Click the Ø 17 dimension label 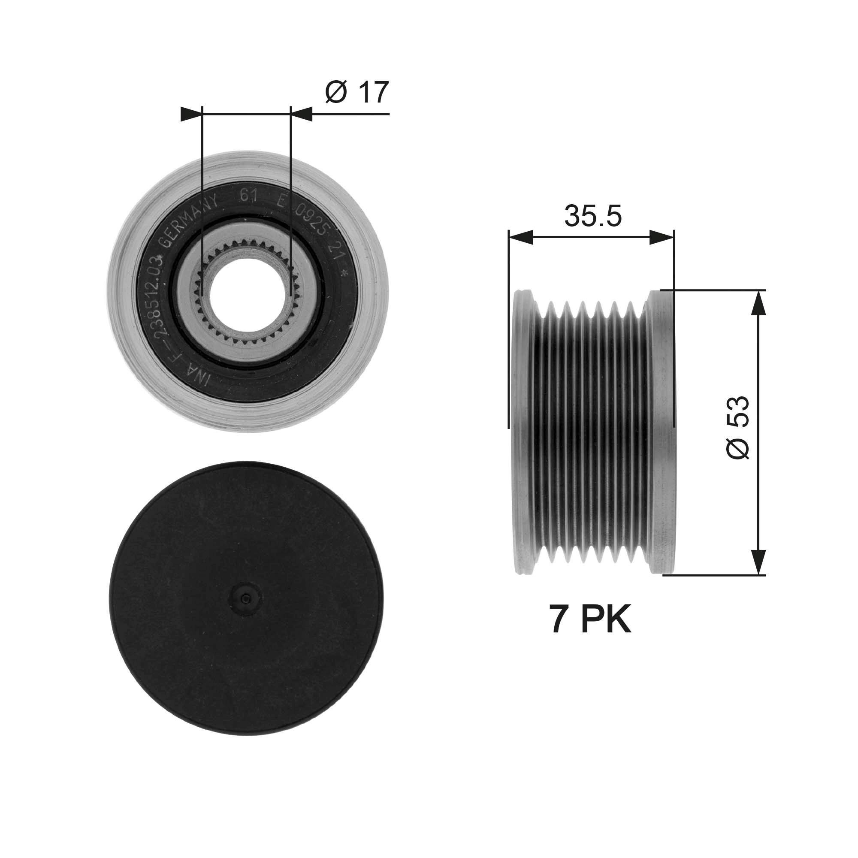click(356, 92)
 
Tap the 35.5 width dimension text click(592, 216)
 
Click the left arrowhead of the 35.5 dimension click(520, 238)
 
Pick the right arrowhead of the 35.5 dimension click(662, 238)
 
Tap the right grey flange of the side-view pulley click(662, 431)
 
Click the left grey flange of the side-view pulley click(522, 431)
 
